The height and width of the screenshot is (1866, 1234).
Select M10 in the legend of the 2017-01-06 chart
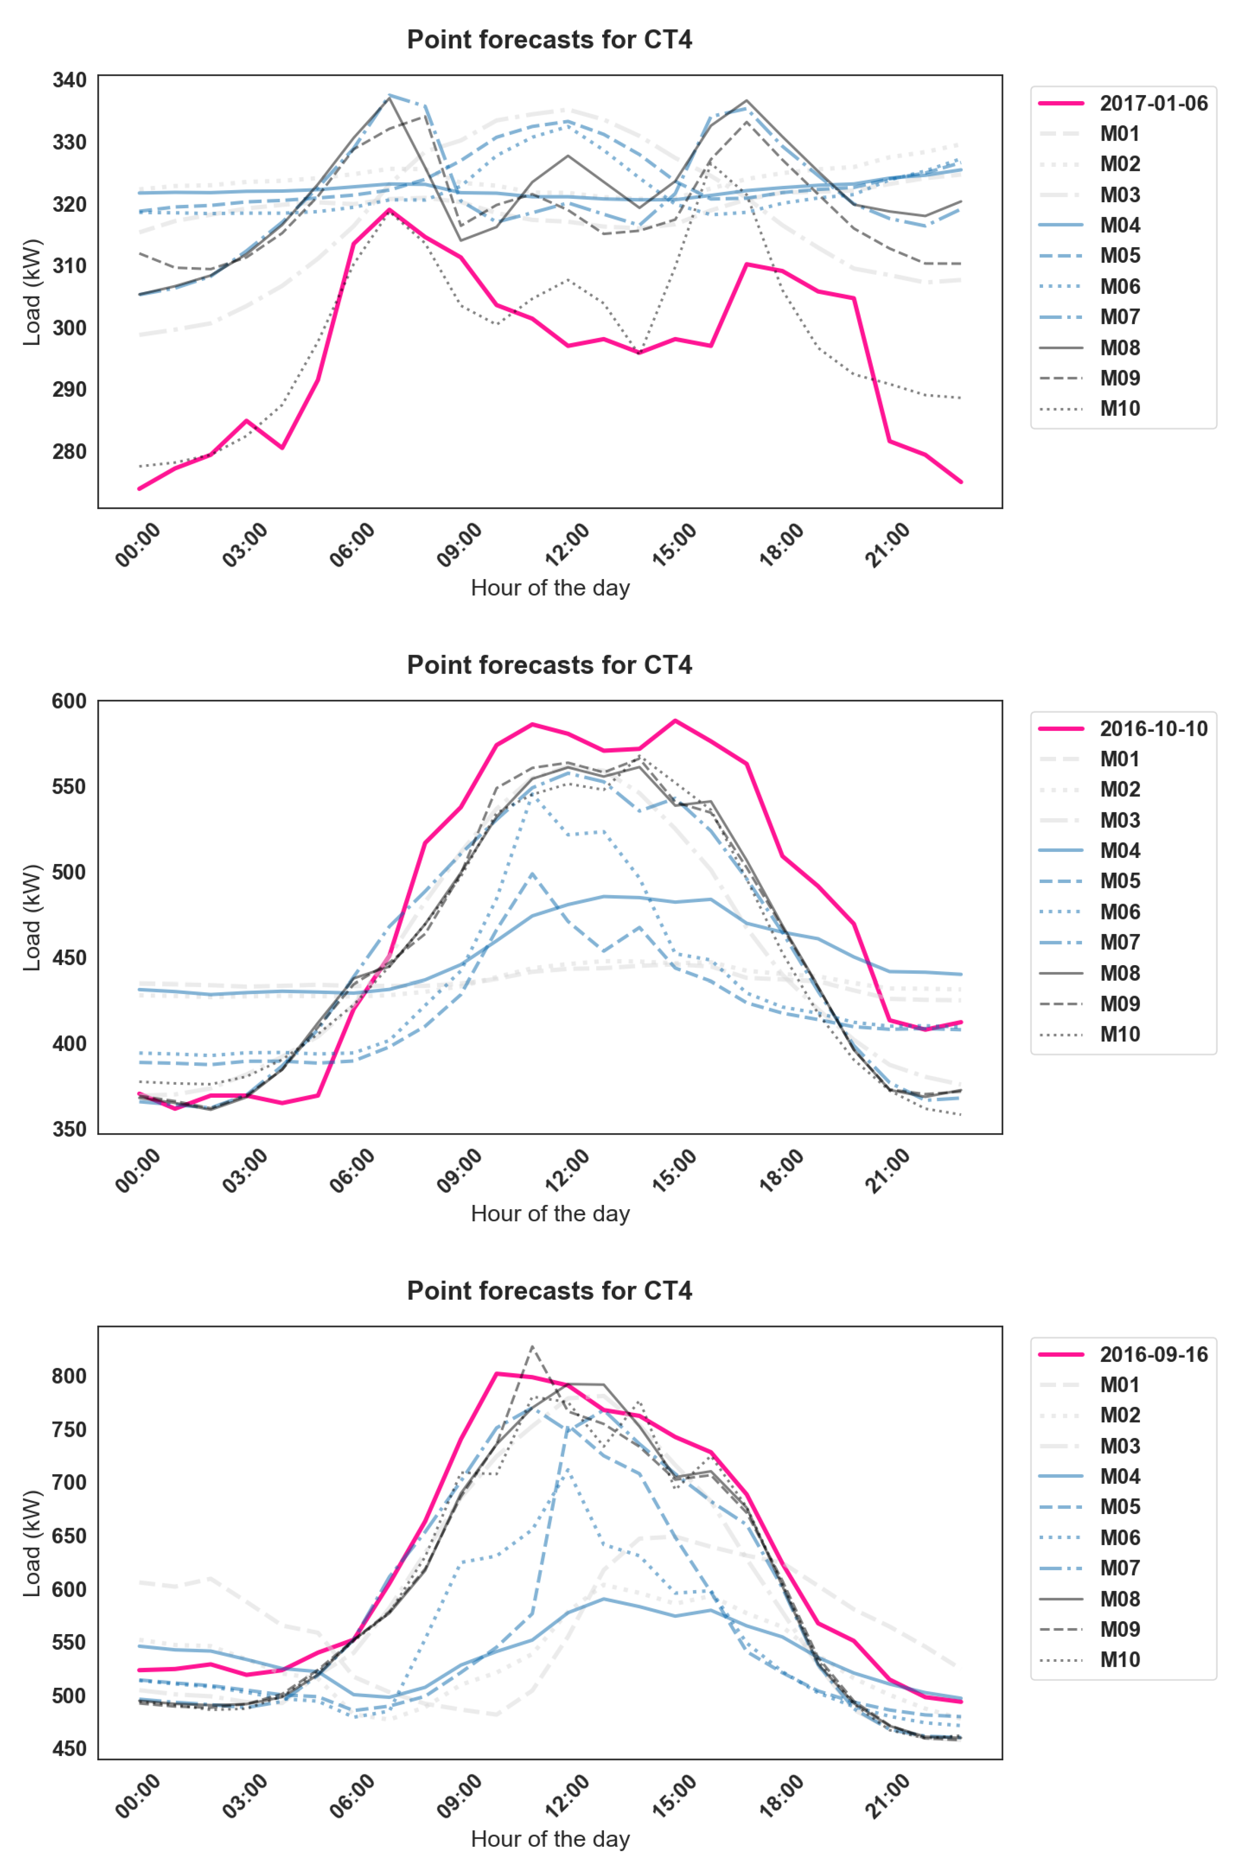[1119, 408]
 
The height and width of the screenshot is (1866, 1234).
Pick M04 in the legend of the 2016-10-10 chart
[1119, 850]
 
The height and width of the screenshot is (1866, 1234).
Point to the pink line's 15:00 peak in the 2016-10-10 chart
[675, 721]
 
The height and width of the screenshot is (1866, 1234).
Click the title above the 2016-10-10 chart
[549, 665]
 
